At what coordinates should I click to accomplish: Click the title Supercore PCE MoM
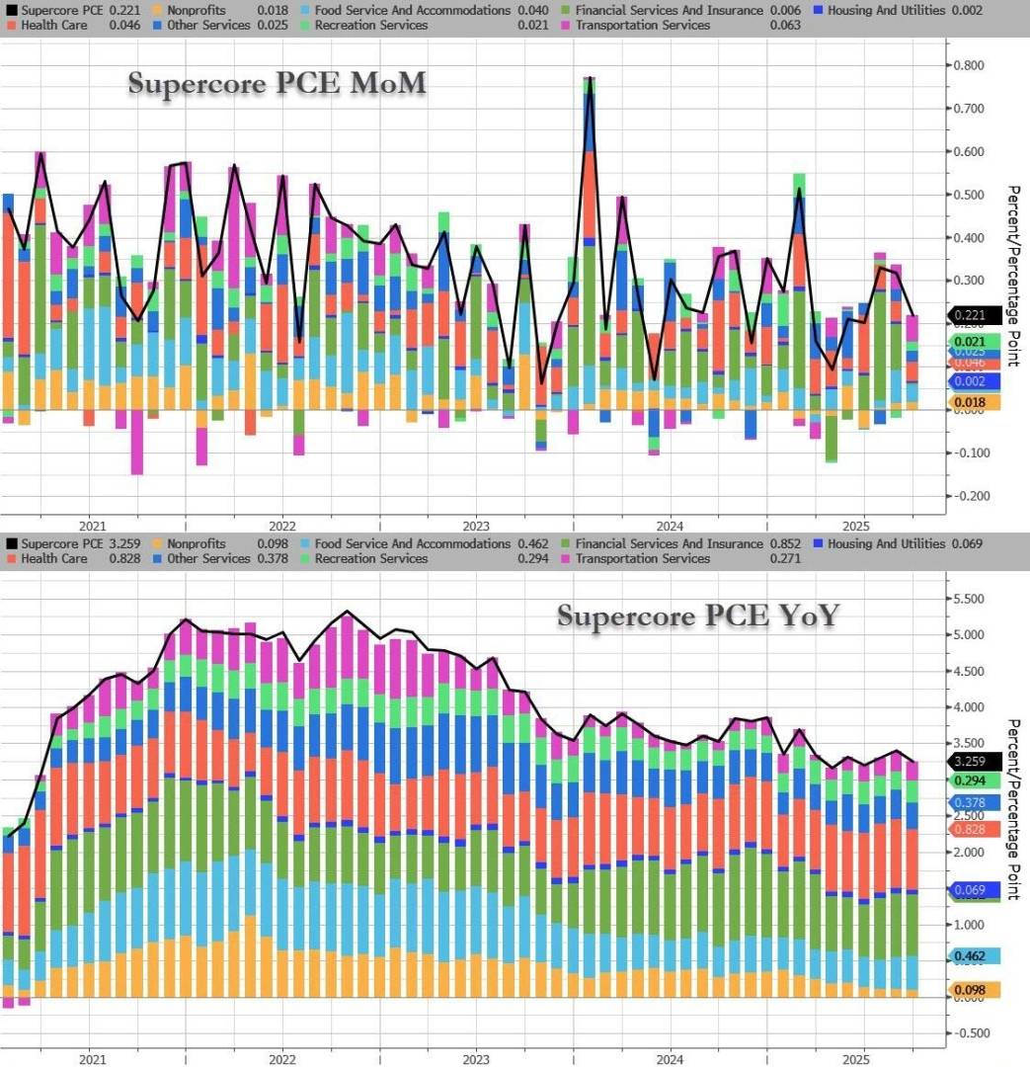(x=277, y=84)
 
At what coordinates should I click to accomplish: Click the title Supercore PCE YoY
(x=698, y=616)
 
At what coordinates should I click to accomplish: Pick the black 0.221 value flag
(x=974, y=316)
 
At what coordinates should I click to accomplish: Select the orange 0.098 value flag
(x=974, y=990)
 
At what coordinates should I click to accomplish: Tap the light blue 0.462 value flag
(x=974, y=956)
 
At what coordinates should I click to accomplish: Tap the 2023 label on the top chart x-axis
(x=475, y=525)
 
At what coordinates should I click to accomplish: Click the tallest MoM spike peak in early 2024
(x=590, y=78)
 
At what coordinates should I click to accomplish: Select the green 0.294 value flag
(x=974, y=780)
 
